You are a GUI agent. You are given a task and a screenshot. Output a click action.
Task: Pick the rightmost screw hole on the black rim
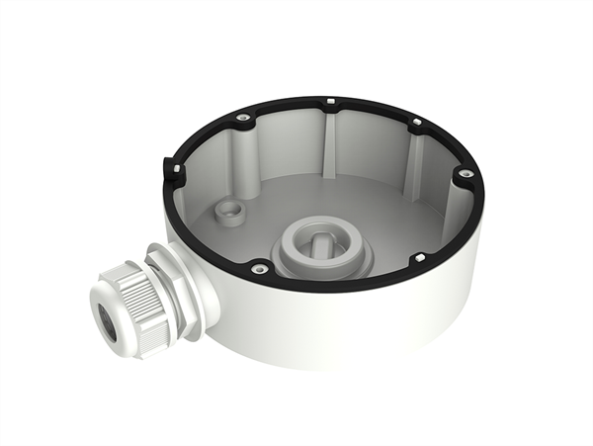coord(463,174)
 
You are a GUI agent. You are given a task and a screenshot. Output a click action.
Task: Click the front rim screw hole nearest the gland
coord(258,267)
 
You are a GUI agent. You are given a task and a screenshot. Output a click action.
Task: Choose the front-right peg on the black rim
coord(418,258)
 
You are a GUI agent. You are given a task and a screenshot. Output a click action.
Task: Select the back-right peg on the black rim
coord(416,123)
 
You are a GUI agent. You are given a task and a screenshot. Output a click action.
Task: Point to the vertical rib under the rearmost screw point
coord(330,143)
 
